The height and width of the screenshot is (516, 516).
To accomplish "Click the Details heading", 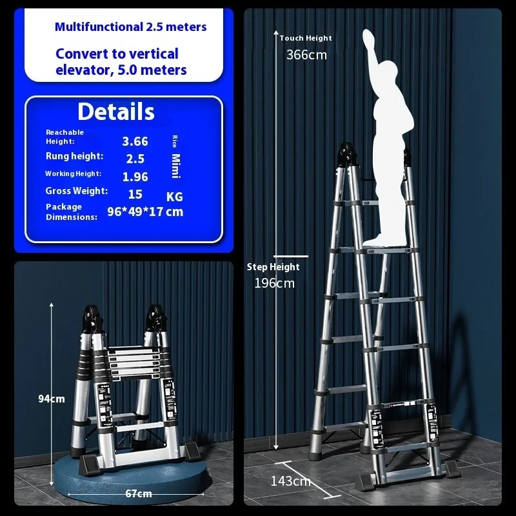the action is (116, 112).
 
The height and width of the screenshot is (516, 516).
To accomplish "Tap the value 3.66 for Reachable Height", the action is (135, 141).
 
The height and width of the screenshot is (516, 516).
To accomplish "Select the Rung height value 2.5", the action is (135, 159).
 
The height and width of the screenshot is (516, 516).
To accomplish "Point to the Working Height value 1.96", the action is (135, 177).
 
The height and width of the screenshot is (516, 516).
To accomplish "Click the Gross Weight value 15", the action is (135, 195).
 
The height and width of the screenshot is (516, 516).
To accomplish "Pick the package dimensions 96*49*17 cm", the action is (145, 212).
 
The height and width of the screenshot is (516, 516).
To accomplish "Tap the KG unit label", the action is (174, 197).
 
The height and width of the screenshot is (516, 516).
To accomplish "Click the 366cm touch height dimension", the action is (307, 55).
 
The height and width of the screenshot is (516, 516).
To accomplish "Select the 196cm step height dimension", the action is (275, 283).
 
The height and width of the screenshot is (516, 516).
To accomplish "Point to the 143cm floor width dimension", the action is (291, 481).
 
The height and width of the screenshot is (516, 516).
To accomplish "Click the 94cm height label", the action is (52, 399).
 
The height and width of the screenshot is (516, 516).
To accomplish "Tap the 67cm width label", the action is (139, 493).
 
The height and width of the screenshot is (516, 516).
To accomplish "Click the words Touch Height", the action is (306, 38).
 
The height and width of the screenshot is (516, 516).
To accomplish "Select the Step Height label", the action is (273, 267).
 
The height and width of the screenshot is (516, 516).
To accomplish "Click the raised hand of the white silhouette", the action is (369, 38).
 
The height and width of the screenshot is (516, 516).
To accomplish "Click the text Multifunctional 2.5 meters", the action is (131, 26).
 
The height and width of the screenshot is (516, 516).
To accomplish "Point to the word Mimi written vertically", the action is (175, 166).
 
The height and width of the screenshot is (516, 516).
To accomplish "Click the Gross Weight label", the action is (77, 191).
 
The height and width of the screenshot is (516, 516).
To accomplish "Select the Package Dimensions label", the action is (72, 212).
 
